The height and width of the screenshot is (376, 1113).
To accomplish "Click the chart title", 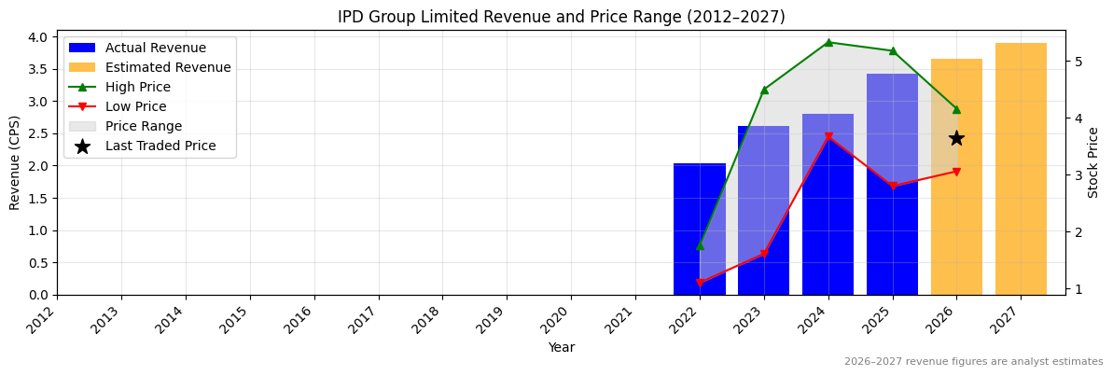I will (x=561, y=17).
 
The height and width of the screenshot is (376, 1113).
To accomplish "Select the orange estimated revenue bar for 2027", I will (x=1021, y=169).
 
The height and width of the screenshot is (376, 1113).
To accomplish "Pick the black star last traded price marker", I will (x=956, y=138).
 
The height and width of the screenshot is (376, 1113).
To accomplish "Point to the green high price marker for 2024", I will (x=828, y=42).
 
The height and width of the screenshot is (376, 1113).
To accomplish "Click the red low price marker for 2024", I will (x=828, y=137).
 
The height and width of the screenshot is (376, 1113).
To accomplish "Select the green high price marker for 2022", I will (x=700, y=245).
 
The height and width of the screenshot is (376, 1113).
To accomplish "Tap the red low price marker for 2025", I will (x=893, y=186).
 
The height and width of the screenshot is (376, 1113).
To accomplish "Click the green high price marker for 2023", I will (x=764, y=90).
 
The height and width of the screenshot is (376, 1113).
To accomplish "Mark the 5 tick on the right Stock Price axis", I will (x=1078, y=62).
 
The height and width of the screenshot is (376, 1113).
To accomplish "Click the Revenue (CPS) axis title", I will (x=15, y=162).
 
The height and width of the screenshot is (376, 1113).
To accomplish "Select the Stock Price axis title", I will (x=1093, y=162).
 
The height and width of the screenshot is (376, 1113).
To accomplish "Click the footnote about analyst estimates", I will (x=973, y=362).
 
